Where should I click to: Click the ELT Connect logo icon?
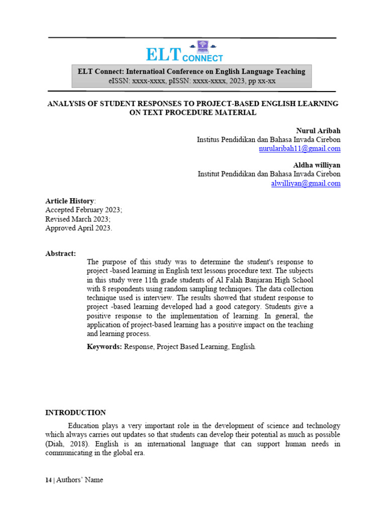click(x=203, y=47)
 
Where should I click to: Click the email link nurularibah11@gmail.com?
click(x=300, y=149)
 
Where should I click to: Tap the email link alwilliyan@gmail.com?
click(x=306, y=184)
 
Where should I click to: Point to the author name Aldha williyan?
click(x=317, y=165)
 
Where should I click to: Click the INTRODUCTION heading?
click(x=75, y=412)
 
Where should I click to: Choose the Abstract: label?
click(x=60, y=253)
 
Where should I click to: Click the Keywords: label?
click(x=104, y=347)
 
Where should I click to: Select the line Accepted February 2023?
click(x=83, y=210)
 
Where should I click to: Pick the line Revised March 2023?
click(x=77, y=219)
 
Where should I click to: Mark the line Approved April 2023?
click(x=79, y=228)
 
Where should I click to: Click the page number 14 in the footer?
click(x=48, y=480)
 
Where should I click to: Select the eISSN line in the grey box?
click(x=191, y=81)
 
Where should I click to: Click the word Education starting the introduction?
click(x=84, y=425)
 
